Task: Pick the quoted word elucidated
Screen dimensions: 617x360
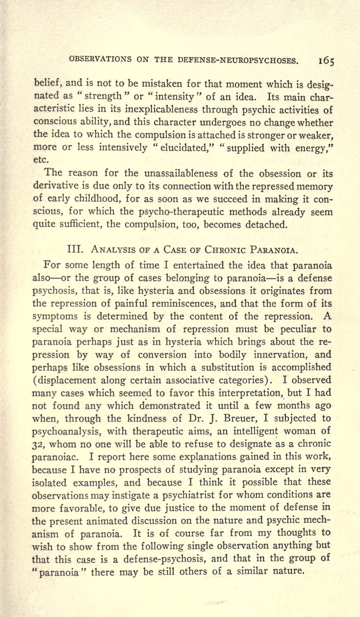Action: (x=180, y=146)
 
